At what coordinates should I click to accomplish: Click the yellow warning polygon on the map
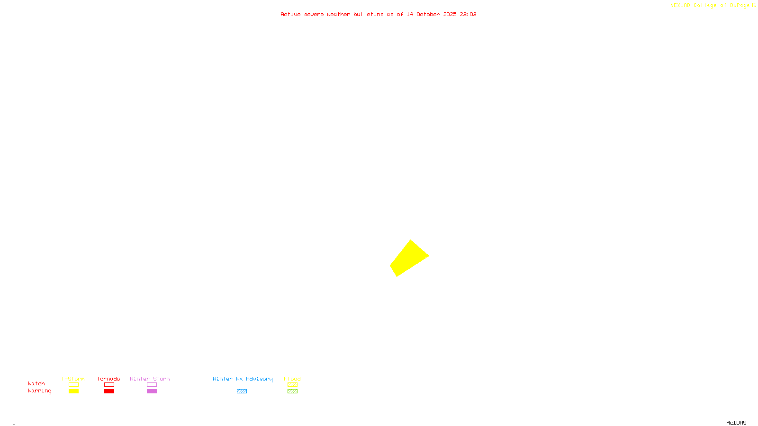pyautogui.click(x=408, y=258)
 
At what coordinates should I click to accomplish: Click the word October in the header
pyautogui.click(x=428, y=14)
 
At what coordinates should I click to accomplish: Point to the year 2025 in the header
pyautogui.click(x=450, y=14)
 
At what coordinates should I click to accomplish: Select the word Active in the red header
pyautogui.click(x=290, y=14)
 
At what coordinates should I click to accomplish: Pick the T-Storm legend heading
pyautogui.click(x=73, y=379)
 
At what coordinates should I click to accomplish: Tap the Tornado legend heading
pyautogui.click(x=108, y=379)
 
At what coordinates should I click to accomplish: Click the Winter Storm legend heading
pyautogui.click(x=150, y=379)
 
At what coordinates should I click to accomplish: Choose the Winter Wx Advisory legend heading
pyautogui.click(x=243, y=379)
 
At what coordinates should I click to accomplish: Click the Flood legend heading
pyautogui.click(x=292, y=379)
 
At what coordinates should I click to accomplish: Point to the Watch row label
pyautogui.click(x=36, y=383)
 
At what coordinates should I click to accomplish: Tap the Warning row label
pyautogui.click(x=40, y=391)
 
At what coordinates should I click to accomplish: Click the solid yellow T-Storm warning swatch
pyautogui.click(x=73, y=391)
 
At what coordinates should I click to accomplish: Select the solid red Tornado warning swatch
pyautogui.click(x=109, y=391)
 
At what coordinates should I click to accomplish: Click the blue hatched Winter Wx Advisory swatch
pyautogui.click(x=242, y=391)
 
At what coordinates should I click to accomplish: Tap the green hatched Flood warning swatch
pyautogui.click(x=292, y=391)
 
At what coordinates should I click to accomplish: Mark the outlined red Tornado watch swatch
pyautogui.click(x=109, y=385)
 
